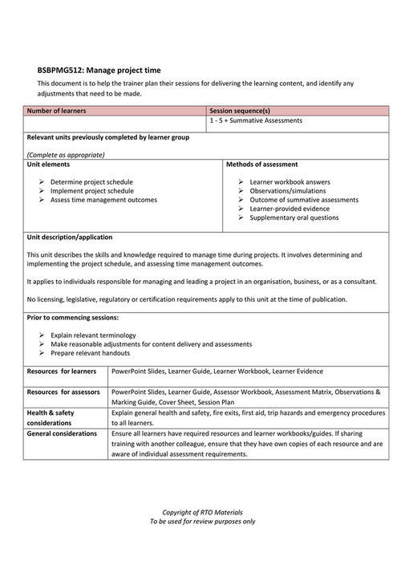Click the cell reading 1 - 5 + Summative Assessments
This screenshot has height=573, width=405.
click(254, 121)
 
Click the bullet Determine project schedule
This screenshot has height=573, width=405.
click(91, 182)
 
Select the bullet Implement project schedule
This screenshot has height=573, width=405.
click(91, 191)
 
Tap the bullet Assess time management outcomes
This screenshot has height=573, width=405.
click(103, 200)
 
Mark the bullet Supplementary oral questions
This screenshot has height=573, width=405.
click(294, 217)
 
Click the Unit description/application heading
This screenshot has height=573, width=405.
click(70, 238)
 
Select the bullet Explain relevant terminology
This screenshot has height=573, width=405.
click(93, 335)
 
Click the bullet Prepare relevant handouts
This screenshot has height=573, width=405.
click(89, 352)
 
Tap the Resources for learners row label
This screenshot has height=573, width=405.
click(62, 372)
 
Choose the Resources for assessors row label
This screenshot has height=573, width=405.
click(63, 392)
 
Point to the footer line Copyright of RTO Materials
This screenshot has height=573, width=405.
click(202, 512)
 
